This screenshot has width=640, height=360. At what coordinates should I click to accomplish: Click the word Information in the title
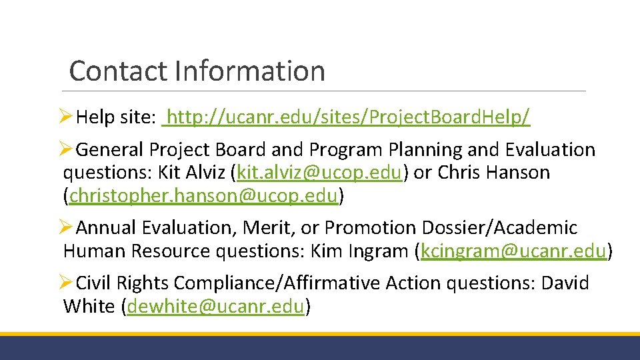point(250,71)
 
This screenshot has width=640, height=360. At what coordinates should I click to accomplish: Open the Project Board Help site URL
point(350,118)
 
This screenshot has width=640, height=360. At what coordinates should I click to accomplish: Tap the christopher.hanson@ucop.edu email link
point(204,196)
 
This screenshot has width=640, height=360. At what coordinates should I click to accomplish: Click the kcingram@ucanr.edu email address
point(515,251)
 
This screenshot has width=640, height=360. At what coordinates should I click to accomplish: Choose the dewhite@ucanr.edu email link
point(216,307)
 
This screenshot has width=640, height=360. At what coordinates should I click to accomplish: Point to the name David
point(565,283)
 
